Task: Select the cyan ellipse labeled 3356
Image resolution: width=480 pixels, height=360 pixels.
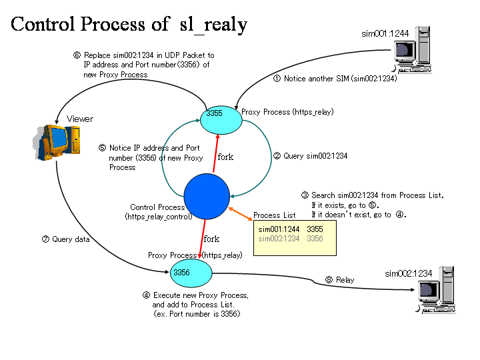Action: point(191,272)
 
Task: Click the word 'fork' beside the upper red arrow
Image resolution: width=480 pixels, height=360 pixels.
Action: point(225,157)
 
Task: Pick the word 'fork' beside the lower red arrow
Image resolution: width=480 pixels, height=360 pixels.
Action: point(211,239)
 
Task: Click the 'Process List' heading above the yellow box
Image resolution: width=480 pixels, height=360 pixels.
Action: point(275,215)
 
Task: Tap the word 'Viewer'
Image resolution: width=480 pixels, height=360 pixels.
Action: point(80,119)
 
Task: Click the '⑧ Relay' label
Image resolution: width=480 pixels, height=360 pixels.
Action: point(339,280)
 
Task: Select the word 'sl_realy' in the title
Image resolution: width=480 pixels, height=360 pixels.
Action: point(213,25)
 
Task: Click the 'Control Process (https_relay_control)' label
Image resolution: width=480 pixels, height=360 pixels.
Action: point(158,212)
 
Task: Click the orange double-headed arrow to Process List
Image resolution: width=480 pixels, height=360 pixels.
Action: point(241,212)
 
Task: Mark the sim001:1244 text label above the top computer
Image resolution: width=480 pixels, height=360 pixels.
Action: point(385,33)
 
